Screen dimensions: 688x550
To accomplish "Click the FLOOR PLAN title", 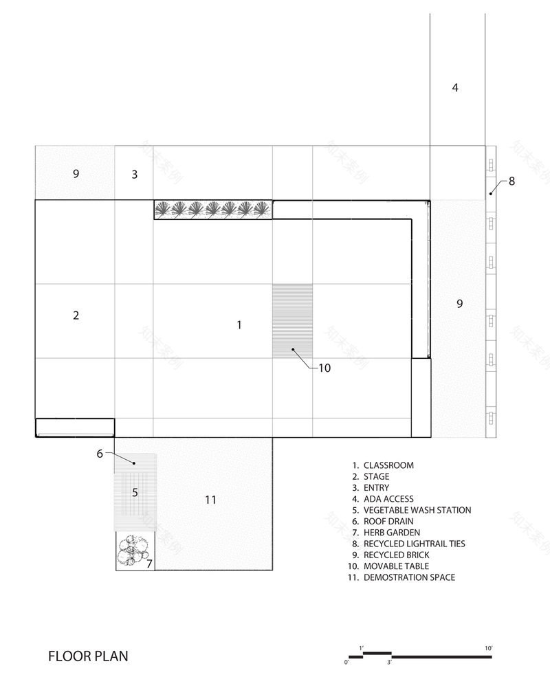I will [x=88, y=656].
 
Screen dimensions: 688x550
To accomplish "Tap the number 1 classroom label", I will [x=239, y=324].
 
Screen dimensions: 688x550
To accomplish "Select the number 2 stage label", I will [x=76, y=315].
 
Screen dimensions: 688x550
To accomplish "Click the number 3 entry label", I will [x=135, y=175].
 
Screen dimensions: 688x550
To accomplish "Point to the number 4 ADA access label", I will [x=454, y=87].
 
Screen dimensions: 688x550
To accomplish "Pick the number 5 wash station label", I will [x=135, y=492].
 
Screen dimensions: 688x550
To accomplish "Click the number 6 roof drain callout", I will [x=100, y=454].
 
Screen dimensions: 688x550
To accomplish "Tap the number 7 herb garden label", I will [x=149, y=564].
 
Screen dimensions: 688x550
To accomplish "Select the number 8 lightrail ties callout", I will [x=511, y=181].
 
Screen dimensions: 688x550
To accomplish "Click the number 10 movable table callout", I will [x=324, y=368].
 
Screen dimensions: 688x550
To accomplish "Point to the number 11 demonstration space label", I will [x=210, y=500].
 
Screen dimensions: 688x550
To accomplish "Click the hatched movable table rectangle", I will [x=292, y=321].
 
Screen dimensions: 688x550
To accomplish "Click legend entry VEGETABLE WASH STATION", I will [x=417, y=510].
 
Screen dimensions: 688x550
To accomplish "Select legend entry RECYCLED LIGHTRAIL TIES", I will [x=414, y=544].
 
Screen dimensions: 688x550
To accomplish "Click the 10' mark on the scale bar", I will [x=489, y=648].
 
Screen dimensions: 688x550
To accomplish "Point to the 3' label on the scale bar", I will [x=389, y=663].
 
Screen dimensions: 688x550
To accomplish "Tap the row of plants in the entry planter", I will [x=212, y=209].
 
